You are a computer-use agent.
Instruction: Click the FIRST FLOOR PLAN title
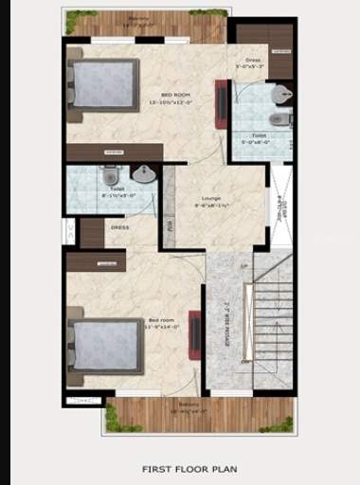pyautogui.click(x=189, y=468)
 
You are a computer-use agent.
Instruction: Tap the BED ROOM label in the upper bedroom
pyautogui.click(x=177, y=95)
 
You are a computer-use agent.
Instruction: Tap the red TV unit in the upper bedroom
pyautogui.click(x=220, y=102)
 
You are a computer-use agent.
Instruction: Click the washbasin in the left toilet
pyautogui.click(x=143, y=174)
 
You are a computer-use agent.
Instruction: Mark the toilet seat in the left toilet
pyautogui.click(x=109, y=176)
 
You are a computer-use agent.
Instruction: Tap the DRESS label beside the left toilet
pyautogui.click(x=120, y=227)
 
